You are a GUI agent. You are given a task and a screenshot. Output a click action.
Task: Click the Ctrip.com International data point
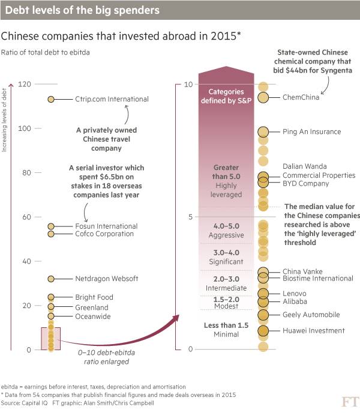point(51,99)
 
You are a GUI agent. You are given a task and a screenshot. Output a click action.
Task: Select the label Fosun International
point(106,226)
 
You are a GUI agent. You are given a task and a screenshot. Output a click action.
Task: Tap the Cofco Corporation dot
point(51,234)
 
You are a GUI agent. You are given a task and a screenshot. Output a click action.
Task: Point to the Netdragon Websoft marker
point(51,279)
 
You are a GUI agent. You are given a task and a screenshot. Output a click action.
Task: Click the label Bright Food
point(94,297)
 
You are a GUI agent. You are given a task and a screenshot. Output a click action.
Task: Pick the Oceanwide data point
point(51,316)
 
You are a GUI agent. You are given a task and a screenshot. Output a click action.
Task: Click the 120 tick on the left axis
point(25,84)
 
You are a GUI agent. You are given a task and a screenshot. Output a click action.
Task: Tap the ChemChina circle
point(263,98)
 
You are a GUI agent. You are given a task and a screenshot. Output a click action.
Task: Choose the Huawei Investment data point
point(263,331)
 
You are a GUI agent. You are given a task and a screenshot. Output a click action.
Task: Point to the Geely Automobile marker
point(263,315)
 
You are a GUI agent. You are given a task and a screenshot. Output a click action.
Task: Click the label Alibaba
point(295,301)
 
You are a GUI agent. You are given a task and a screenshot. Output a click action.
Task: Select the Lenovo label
point(295,293)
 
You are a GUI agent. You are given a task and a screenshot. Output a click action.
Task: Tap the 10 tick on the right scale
point(188,84)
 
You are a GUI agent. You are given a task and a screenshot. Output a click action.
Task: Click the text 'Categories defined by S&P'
point(226,95)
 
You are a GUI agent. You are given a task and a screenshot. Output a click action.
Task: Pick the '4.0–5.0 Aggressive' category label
point(226,231)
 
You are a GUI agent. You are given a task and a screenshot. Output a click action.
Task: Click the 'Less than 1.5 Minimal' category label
point(226,330)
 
